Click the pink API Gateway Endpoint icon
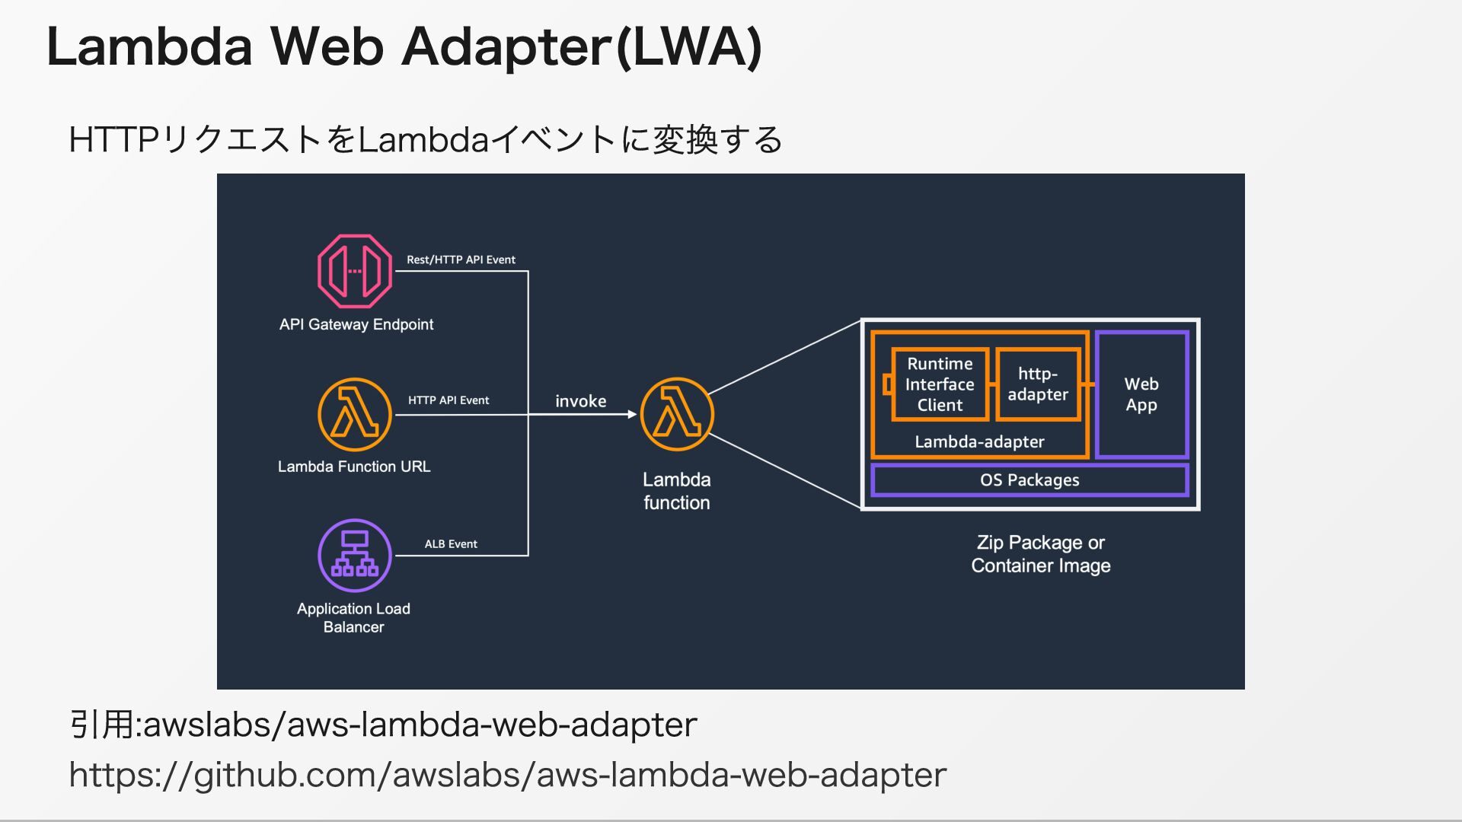(354, 271)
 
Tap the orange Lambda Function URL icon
(354, 415)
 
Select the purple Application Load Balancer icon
(354, 556)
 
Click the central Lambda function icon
(677, 415)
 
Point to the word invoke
(580, 401)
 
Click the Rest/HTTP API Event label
(461, 260)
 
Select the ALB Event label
(451, 544)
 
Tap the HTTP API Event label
(448, 400)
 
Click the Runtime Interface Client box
(940, 384)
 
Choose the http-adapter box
(1038, 384)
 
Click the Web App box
(1141, 394)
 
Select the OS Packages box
(1029, 480)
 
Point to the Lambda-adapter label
(979, 441)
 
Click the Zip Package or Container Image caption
(1040, 554)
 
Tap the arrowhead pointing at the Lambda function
(632, 415)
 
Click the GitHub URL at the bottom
(507, 775)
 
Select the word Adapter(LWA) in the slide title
(582, 47)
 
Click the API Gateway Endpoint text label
(356, 324)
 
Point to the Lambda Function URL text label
(354, 467)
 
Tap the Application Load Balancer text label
(353, 618)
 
